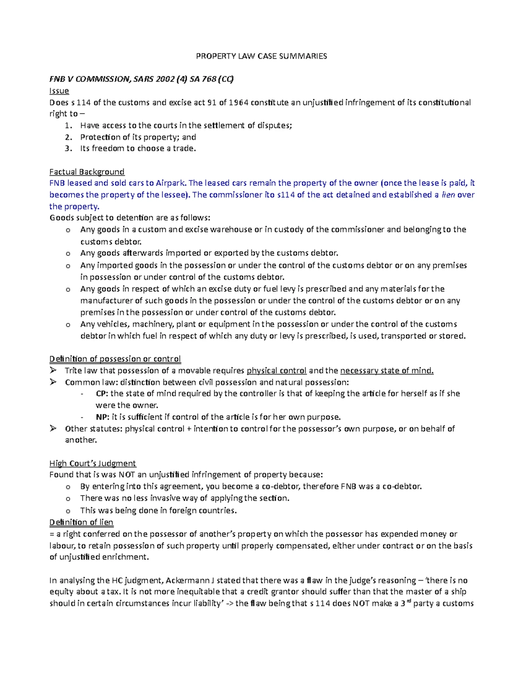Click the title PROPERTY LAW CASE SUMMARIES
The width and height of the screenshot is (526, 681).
261,56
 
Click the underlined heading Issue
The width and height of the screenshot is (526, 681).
59,91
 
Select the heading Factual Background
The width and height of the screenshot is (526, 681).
87,171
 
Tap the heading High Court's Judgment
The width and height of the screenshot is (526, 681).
92,463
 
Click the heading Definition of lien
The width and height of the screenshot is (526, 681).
81,522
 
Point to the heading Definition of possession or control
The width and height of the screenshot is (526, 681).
115,359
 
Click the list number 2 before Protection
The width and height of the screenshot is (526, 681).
68,137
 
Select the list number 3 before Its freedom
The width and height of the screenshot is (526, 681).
68,148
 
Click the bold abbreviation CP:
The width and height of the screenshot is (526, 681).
102,393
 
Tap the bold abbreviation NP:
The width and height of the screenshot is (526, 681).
102,417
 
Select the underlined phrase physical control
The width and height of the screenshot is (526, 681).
277,371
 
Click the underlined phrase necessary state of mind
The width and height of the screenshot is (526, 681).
387,371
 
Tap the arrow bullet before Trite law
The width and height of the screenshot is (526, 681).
53,371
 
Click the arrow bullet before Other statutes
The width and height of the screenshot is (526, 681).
53,428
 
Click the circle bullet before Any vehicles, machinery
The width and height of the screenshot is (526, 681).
68,324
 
